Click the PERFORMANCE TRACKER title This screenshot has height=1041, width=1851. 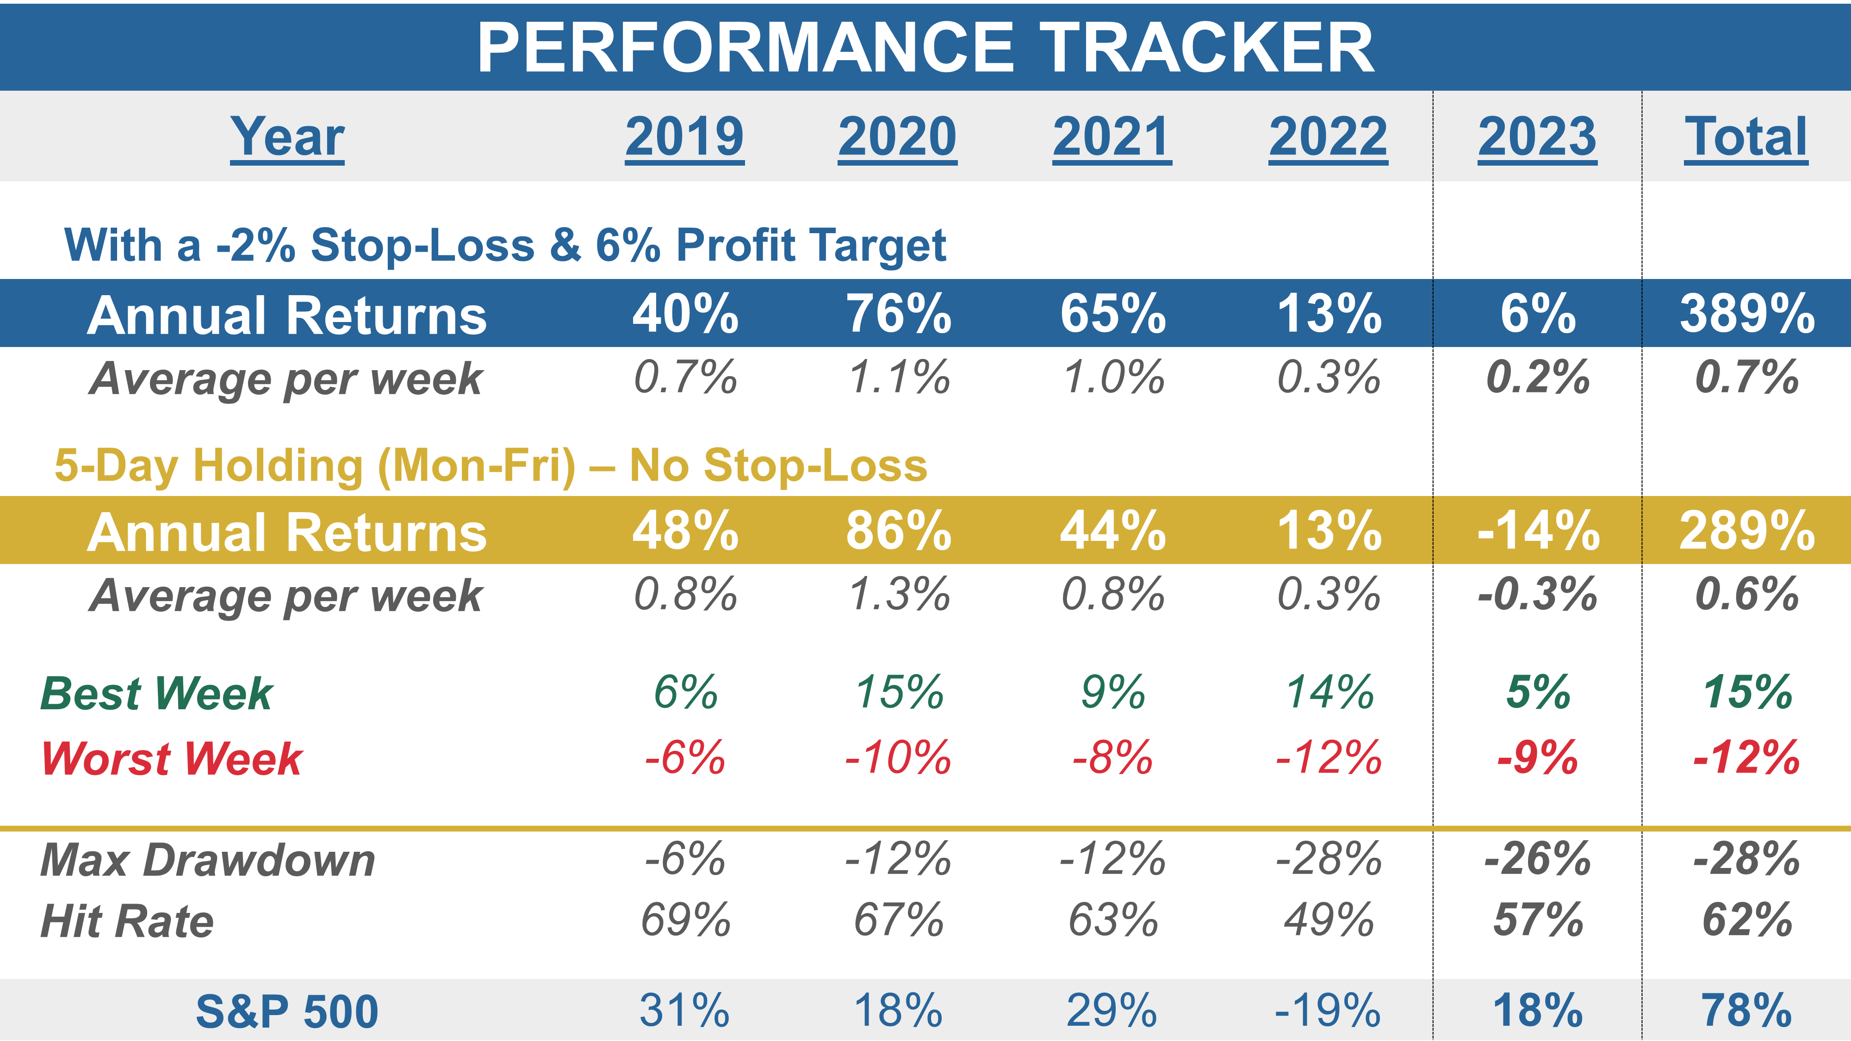(x=925, y=47)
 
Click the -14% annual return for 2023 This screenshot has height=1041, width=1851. (x=1538, y=532)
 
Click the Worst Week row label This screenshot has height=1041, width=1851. (x=172, y=759)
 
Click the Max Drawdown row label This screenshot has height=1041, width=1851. (x=208, y=860)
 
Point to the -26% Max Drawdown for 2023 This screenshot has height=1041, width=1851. (x=1538, y=859)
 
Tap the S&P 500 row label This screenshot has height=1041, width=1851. (x=287, y=1011)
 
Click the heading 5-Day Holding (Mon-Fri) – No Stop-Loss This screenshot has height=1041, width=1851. (x=491, y=465)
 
